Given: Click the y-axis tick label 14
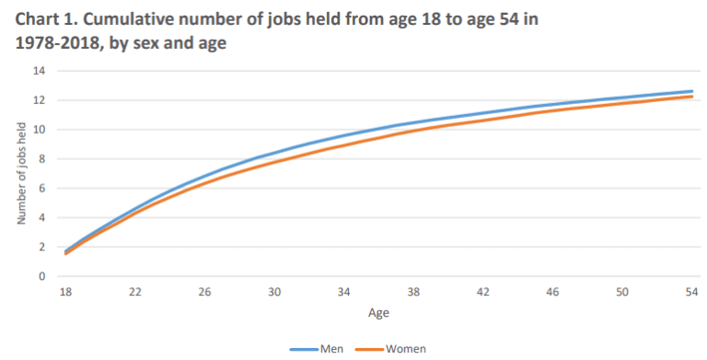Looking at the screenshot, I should coord(39,71).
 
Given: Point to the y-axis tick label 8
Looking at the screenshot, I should coord(41,158).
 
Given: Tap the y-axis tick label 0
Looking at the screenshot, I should coord(41,276).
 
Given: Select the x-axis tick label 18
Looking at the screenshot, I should coord(64,292).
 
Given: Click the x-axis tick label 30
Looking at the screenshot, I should coord(274,292).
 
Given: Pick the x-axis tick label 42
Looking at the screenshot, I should coord(483,292).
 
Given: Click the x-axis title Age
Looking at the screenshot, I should coord(378,313).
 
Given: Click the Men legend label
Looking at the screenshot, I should coord(330,348).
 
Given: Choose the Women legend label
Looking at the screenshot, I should coord(405,348).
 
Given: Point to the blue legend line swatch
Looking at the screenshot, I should coord(304,348).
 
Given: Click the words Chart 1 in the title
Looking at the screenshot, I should coord(42,21).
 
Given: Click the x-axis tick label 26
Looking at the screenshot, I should coord(204,292).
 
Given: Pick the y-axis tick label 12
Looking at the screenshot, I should coord(39,100).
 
